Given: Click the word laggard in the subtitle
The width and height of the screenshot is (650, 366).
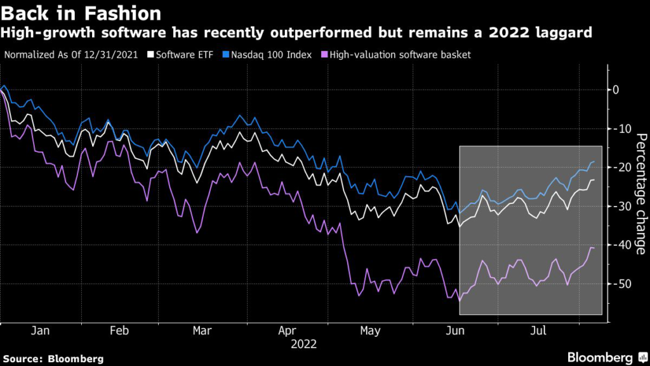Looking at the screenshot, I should pos(561,32).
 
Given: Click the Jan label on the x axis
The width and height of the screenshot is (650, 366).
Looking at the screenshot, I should pos(40,331).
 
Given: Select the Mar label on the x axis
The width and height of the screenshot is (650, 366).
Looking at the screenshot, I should pos(202,331).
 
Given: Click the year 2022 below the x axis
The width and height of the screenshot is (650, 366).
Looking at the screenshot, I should pos(303,344).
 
